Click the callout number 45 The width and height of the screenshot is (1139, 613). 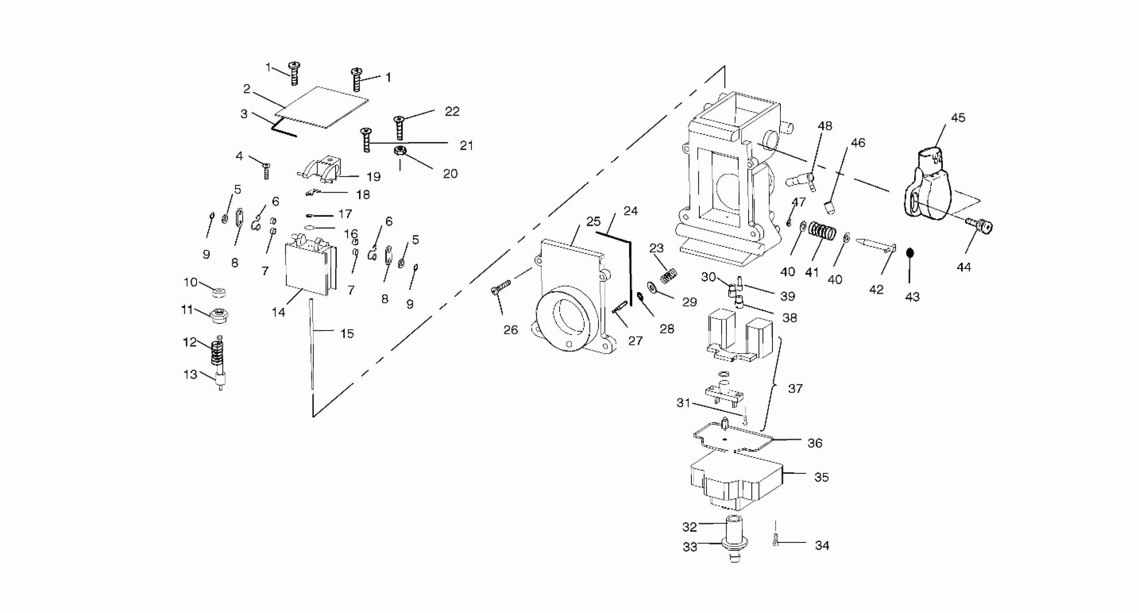pos(958,118)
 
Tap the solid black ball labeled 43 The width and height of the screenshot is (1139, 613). pos(910,253)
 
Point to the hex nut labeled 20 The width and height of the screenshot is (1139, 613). pos(400,151)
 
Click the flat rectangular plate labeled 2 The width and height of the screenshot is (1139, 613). pos(322,107)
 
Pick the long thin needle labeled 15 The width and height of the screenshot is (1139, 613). pos(312,345)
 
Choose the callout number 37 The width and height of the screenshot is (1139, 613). pos(795,388)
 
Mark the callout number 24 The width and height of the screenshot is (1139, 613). pos(631,211)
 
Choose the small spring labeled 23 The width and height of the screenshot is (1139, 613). pos(668,276)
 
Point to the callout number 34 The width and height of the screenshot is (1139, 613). pos(822,546)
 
